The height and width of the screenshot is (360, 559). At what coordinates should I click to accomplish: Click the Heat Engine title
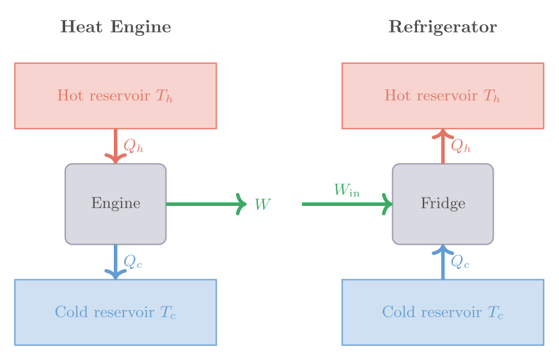click(116, 27)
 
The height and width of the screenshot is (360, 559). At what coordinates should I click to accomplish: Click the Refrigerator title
click(443, 27)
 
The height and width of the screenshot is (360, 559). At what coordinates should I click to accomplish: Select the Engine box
click(116, 204)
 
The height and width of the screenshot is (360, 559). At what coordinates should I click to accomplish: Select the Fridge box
click(443, 204)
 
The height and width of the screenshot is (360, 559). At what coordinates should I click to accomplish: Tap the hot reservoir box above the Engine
click(116, 96)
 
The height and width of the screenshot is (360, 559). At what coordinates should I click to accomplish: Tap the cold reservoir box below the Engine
click(116, 312)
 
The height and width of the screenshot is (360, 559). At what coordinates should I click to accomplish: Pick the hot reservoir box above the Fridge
click(443, 96)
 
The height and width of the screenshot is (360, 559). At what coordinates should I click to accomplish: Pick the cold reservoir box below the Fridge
click(443, 312)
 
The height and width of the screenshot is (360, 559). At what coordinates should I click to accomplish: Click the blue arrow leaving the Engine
click(116, 261)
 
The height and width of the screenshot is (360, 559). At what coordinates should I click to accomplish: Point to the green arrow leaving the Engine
click(205, 204)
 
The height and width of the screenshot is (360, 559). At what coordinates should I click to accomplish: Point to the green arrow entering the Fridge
click(345, 204)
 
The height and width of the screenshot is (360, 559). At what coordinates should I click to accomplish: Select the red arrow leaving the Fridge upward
click(443, 147)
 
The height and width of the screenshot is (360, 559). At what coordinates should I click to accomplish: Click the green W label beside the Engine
click(262, 205)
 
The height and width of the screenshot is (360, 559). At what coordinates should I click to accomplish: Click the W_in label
click(347, 190)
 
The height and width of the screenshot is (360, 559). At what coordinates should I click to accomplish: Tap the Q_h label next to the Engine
click(133, 146)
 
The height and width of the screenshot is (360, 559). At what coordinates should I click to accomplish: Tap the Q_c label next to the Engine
click(132, 262)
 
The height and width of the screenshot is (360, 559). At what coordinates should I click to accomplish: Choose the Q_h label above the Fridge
click(461, 146)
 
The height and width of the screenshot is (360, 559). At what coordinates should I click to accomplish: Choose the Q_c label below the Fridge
click(460, 262)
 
